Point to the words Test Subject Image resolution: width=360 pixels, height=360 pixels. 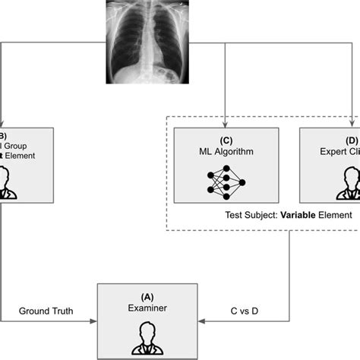point(251,215)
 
